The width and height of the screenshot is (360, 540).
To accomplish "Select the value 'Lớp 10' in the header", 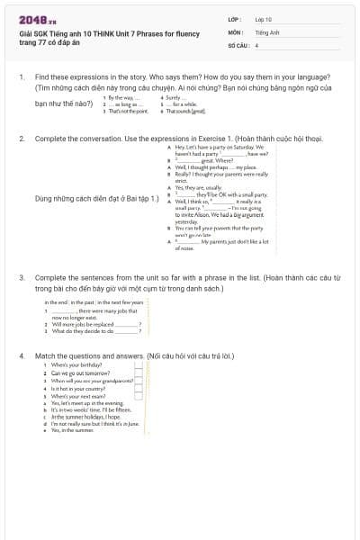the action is coord(263,19).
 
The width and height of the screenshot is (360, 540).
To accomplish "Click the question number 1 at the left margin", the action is coord(22,78).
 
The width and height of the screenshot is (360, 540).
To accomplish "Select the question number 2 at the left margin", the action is coord(22,139).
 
